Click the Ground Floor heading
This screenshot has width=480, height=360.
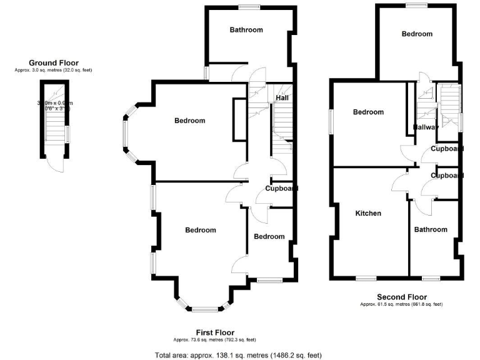tap(52, 62)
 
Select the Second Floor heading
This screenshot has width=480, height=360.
tap(401, 297)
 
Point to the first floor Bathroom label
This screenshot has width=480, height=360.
tap(246, 29)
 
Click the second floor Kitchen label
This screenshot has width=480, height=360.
tap(368, 213)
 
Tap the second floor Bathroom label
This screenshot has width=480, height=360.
tap(431, 229)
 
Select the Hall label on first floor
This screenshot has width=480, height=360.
tap(282, 98)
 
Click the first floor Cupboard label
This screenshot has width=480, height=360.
tap(281, 188)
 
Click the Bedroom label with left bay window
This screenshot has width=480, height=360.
tap(189, 121)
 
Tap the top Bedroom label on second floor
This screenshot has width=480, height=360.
tap(417, 34)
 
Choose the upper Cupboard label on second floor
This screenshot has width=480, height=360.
tap(447, 149)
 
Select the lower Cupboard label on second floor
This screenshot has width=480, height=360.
tap(447, 176)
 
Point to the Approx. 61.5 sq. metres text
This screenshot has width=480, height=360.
tap(401, 304)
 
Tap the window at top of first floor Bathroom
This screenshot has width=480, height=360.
tap(248, 7)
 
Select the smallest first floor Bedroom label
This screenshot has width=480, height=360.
tap(269, 236)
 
